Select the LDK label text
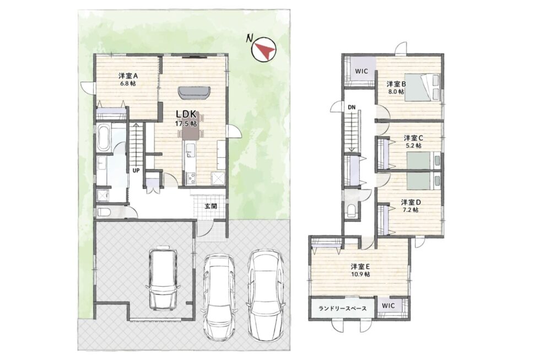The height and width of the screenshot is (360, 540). click(186, 114)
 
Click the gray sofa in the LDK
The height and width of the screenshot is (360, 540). click(195, 92)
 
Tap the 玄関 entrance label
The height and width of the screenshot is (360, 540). click(210, 207)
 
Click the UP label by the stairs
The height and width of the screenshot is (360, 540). click(137, 170)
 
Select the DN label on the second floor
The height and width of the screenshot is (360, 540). click(352, 107)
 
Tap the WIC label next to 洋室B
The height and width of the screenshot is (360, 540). click(361, 71)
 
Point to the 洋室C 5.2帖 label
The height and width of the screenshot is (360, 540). click(413, 142)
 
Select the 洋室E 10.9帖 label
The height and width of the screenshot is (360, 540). click(360, 270)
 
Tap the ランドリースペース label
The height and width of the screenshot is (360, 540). click(342, 308)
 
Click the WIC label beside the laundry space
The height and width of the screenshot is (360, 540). click(388, 305)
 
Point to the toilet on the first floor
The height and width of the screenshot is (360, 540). click(104, 212)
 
